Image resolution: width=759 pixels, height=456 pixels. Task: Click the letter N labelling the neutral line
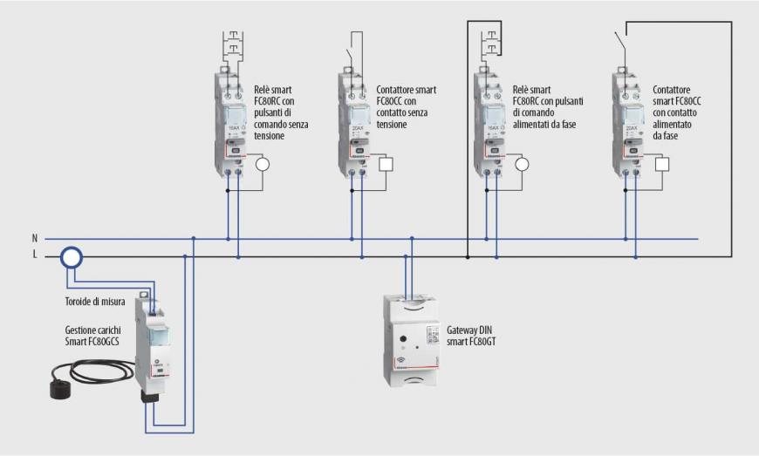click(x=35, y=238)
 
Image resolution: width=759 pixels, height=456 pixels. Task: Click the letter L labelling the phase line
click(x=35, y=255)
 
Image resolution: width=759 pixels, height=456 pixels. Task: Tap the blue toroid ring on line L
click(x=71, y=256)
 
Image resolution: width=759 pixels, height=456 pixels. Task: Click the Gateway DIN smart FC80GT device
click(x=414, y=340)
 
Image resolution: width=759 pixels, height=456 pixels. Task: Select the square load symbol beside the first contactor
click(x=387, y=164)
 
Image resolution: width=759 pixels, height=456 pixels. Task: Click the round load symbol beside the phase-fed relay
click(x=523, y=164)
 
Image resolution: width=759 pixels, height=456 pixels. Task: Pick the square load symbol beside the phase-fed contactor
click(x=662, y=164)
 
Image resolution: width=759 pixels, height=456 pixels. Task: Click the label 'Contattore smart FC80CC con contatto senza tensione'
click(x=407, y=107)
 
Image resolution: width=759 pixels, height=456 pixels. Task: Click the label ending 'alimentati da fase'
click(x=548, y=107)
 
